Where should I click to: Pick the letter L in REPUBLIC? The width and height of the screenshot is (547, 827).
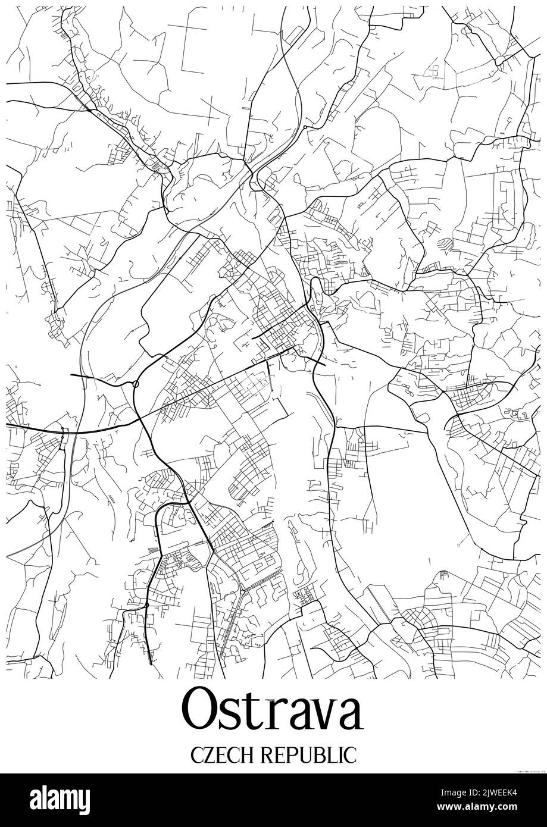(333, 755)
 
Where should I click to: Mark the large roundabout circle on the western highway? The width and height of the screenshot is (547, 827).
(136, 384)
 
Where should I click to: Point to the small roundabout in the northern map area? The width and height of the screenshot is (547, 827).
(305, 127)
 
